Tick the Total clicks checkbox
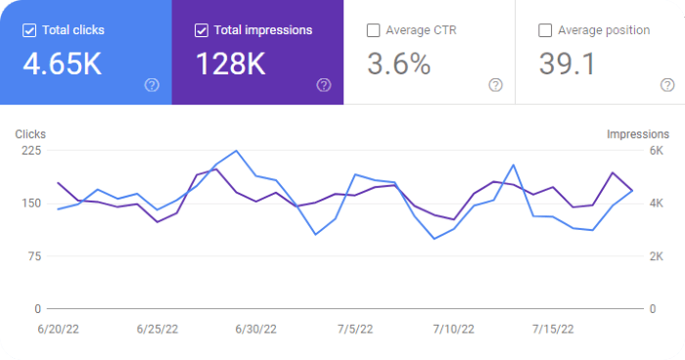pos(29,30)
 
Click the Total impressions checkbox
pos(202,30)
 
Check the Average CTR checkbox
pos(373,30)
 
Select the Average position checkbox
pos(545,30)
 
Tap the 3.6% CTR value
pos(398,65)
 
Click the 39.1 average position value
pos(566,65)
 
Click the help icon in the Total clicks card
pos(152,85)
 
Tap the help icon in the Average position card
pos(667,85)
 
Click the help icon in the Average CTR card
pos(495,85)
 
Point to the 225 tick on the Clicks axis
pos(31,151)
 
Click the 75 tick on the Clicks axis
pos(35,256)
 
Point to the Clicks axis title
pos(30,134)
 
